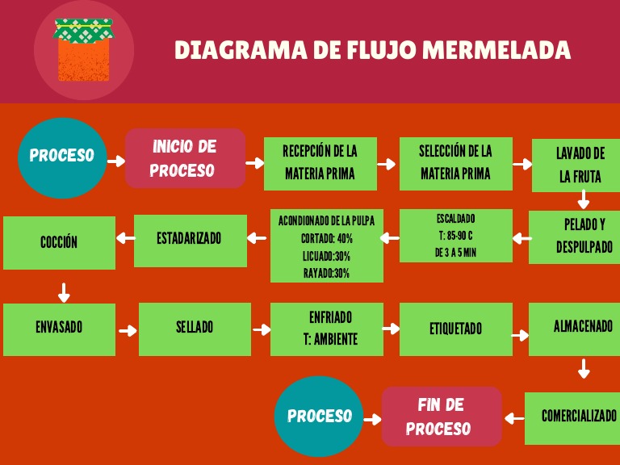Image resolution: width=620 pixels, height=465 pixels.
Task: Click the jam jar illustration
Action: coord(84,50)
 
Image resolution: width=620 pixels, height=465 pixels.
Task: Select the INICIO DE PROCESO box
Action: coord(185,158)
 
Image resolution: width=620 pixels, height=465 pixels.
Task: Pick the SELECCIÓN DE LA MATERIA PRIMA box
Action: coord(455,163)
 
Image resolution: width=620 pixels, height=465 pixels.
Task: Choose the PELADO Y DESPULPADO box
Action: coord(575,237)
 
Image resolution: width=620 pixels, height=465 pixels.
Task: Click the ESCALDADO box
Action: coord(456,236)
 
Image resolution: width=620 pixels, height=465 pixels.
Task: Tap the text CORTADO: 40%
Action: coord(327,239)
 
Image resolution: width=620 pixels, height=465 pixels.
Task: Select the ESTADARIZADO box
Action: coord(191,240)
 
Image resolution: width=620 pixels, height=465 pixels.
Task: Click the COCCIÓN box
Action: coord(59,242)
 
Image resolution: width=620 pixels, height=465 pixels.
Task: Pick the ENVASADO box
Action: coord(59,329)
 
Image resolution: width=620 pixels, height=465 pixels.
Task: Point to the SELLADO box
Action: coord(195,329)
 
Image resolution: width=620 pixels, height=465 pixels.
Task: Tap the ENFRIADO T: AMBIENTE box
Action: coord(327,329)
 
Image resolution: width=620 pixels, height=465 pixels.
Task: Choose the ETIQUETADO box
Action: coord(456,329)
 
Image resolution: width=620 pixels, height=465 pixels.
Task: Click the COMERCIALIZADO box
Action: coord(573,417)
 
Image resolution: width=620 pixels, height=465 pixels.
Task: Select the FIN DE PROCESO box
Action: coord(442,417)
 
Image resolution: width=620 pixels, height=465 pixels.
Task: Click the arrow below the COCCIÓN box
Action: coord(65,291)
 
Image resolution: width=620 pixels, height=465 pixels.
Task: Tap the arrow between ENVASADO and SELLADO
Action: coord(128,330)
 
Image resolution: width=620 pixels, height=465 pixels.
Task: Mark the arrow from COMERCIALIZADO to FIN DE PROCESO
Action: coord(513,417)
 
